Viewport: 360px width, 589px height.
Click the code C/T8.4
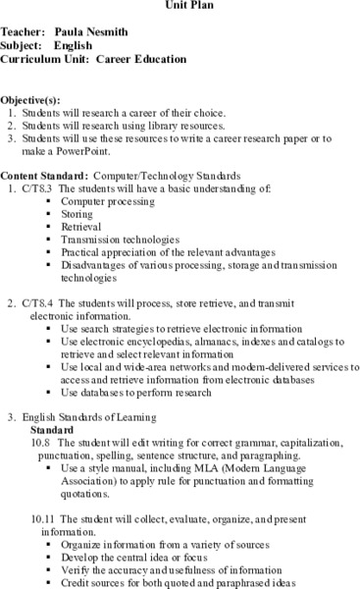[x=36, y=303]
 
